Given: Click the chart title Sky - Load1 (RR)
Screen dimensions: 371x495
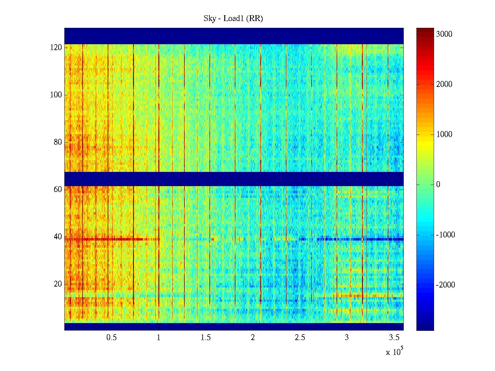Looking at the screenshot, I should [233, 19].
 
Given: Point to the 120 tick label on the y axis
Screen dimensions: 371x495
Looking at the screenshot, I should [56, 48].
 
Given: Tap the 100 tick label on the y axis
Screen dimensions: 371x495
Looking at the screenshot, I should [56, 95].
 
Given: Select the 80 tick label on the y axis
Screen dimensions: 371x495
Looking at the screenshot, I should [58, 142].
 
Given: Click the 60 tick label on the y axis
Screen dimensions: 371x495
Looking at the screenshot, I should [58, 190].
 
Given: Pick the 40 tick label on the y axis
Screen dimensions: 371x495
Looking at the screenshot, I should [58, 237].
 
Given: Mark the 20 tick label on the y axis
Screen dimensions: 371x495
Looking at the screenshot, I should [58, 284].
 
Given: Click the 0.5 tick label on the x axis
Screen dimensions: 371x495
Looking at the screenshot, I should [111, 338].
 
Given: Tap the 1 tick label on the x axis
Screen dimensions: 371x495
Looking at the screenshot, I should [159, 338].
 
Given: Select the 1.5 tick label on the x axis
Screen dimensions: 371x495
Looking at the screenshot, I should [206, 338].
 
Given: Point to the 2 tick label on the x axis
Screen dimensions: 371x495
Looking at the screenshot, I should [253, 338].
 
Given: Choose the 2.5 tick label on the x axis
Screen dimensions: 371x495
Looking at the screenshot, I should [300, 338].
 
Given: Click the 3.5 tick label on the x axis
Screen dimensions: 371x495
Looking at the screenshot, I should [394, 338].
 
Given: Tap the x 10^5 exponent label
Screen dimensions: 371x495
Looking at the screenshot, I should [394, 352].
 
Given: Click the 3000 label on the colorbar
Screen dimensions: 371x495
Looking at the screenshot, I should [444, 34].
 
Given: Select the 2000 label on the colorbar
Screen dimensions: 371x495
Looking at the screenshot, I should [444, 84].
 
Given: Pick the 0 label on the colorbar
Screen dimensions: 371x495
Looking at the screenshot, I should [438, 185].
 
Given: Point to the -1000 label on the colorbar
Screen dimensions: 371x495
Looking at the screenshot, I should [445, 235].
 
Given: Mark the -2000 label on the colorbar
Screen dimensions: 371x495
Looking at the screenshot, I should [445, 285].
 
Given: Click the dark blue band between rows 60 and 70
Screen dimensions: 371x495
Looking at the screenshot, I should [234, 179].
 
